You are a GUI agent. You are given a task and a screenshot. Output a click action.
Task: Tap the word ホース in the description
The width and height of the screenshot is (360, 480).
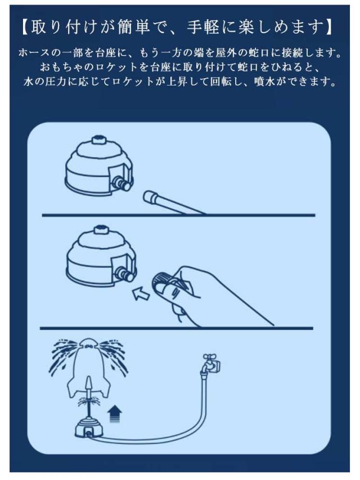pos(34,53)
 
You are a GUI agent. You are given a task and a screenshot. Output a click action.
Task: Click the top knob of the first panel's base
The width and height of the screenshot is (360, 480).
pos(98,140)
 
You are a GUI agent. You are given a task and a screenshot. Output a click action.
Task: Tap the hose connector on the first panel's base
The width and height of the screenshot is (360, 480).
pos(121,184)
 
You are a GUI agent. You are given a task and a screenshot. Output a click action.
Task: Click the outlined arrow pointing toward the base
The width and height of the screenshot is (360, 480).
pos(141,293)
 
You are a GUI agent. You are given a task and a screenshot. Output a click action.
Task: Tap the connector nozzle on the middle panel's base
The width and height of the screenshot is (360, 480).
pos(124,274)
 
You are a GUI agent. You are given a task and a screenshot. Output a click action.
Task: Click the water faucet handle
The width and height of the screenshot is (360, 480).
pos(210,357)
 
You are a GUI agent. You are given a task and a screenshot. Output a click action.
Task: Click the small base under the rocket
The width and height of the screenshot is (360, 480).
pos(89,428)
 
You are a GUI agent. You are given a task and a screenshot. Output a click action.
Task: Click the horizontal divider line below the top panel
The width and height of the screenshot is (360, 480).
pos(178,215)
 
